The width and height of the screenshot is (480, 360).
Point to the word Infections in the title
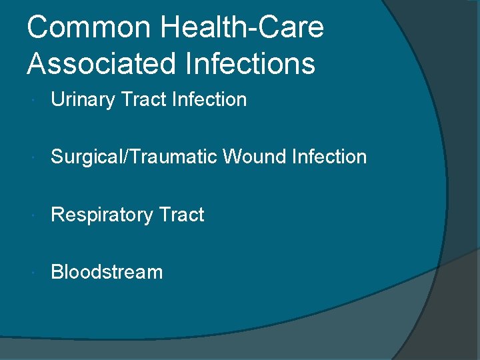[243, 64]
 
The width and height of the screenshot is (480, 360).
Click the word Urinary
[83, 100]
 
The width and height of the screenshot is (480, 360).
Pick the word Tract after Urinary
[143, 100]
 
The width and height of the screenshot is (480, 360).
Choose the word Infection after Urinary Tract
[209, 100]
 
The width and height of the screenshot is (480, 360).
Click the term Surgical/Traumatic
[134, 157]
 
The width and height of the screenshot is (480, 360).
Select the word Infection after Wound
[329, 157]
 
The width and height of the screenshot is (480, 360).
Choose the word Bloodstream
[107, 272]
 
